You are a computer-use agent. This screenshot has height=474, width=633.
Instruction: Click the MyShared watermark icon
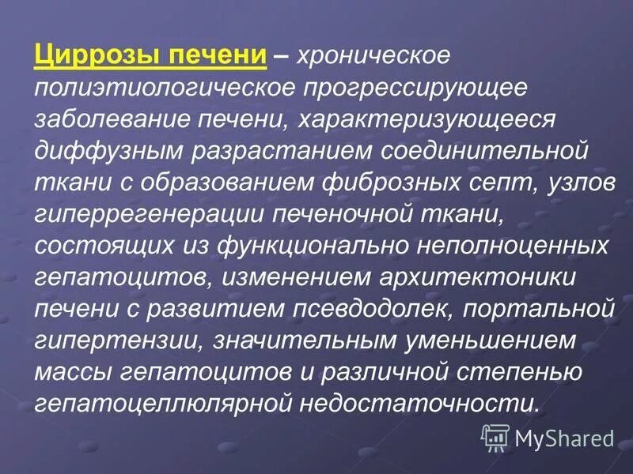(495, 436)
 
